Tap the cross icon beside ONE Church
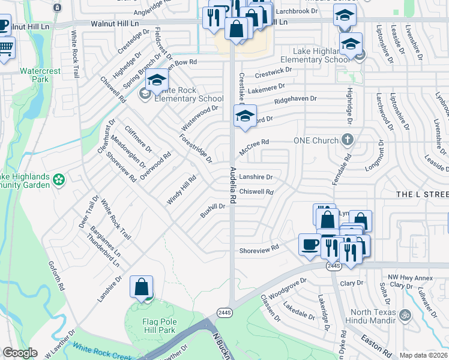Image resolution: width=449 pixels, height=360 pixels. click(346, 140)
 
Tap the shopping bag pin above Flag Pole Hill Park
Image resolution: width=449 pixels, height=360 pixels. click(142, 287)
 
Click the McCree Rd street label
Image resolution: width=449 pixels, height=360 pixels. click(253, 148)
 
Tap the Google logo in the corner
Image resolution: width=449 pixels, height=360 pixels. click(20, 353)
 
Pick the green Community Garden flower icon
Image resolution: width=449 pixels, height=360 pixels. click(58, 179)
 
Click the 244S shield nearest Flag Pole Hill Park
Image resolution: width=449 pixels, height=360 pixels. click(224, 313)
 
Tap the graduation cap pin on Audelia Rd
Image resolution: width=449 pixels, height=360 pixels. click(245, 116)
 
